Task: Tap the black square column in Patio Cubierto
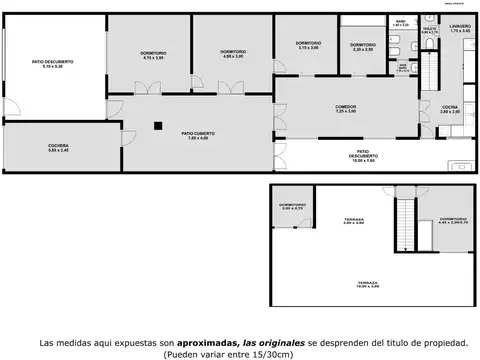pyautogui.click(x=157, y=125)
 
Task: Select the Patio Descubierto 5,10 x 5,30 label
pyautogui.click(x=52, y=64)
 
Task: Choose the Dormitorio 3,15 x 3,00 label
pyautogui.click(x=308, y=45)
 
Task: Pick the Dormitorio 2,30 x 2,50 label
pyautogui.click(x=362, y=46)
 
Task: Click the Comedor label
pyautogui.click(x=346, y=109)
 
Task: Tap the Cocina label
pyautogui.click(x=450, y=109)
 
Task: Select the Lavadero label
pyautogui.click(x=460, y=29)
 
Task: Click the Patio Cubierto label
pyautogui.click(x=195, y=135)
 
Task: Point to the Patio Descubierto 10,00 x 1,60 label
pyautogui.click(x=363, y=157)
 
